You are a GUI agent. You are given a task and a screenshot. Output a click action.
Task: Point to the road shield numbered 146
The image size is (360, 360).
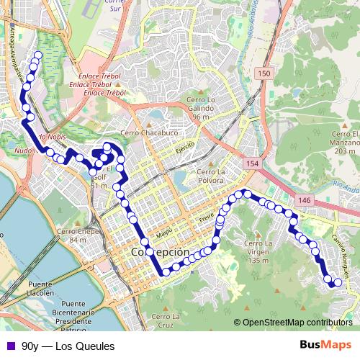[x=305, y=200]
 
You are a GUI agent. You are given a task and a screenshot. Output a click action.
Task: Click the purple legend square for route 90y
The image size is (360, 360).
[x=9, y=346]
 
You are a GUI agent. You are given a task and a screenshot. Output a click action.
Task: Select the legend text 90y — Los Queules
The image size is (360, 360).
[x=68, y=346]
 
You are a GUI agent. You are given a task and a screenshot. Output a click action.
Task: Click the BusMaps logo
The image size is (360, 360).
[x=325, y=345]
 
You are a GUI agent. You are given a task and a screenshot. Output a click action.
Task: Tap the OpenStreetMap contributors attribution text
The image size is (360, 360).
[x=297, y=323]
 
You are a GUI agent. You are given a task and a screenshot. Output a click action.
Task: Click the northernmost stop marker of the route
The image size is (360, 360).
[x=38, y=54]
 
